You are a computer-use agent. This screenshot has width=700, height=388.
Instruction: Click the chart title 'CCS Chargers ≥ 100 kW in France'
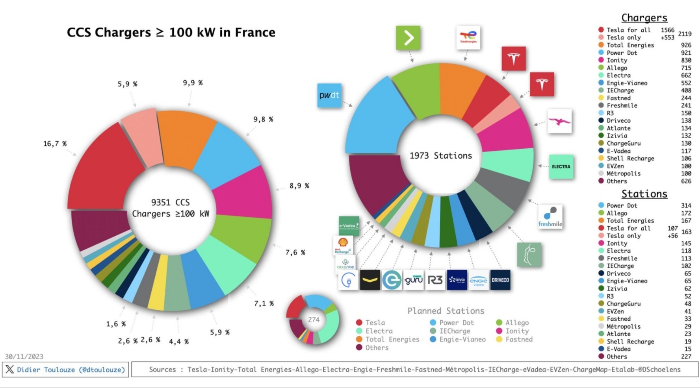tap(171, 32)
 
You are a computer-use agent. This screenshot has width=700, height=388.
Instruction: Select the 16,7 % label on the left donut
tap(55, 144)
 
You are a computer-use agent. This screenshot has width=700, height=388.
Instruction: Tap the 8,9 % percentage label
tap(299, 186)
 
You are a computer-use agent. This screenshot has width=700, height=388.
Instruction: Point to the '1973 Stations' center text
tap(440, 156)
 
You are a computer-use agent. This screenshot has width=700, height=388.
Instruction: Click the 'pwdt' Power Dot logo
tap(329, 96)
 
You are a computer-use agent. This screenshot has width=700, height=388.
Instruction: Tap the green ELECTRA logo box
tap(561, 167)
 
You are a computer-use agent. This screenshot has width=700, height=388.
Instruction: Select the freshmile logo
tap(550, 217)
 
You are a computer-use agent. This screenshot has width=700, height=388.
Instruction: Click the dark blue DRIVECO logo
tap(500, 280)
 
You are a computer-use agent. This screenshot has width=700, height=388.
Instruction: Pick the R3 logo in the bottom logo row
tap(435, 280)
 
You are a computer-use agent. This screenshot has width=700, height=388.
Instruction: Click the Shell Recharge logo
tap(343, 245)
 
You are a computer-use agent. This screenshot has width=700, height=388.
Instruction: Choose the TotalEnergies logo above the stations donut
tap(468, 37)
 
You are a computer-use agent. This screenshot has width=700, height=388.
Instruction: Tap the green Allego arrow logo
tap(408, 38)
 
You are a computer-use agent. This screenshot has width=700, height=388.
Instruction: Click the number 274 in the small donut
tap(314, 320)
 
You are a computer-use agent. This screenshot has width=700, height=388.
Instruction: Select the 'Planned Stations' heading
tap(446, 311)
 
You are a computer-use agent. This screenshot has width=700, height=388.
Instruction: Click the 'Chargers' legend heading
tap(644, 18)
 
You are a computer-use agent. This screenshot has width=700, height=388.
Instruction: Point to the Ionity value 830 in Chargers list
tap(686, 60)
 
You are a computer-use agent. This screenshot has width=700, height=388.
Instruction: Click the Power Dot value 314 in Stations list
tap(686, 205)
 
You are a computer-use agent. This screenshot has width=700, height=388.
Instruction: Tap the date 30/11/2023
tap(24, 357)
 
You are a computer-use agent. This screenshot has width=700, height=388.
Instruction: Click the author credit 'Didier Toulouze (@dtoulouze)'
tap(71, 370)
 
